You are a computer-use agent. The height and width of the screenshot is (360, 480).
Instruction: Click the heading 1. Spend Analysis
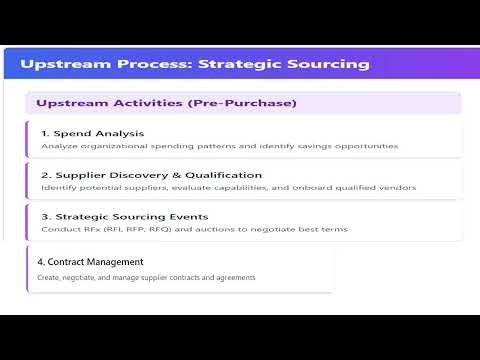pyautogui.click(x=92, y=133)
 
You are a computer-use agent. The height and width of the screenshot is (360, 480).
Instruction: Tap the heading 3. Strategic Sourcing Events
pyautogui.click(x=125, y=216)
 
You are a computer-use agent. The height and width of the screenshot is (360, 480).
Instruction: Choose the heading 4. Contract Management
pyautogui.click(x=91, y=262)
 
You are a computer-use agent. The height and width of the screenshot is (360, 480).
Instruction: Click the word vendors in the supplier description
pyautogui.click(x=396, y=187)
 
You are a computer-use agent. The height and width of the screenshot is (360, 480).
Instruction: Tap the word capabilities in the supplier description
pyautogui.click(x=238, y=187)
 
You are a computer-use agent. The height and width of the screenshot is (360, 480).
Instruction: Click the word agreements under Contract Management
pyautogui.click(x=232, y=277)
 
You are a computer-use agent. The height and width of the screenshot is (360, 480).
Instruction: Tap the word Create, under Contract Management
pyautogui.click(x=52, y=277)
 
